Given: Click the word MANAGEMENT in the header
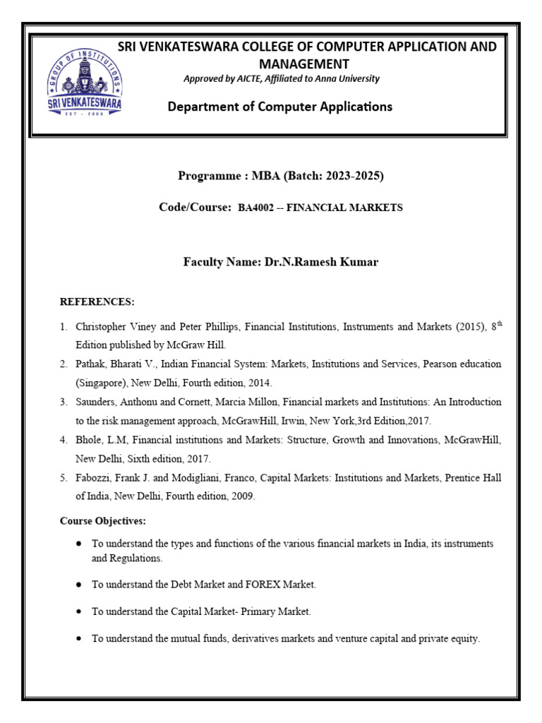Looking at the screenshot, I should tap(306, 64).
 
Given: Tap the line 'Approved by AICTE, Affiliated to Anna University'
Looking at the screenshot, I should tap(281, 79).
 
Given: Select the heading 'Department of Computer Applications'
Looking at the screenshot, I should tap(280, 107).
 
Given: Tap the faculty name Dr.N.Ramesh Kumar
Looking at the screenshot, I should tap(321, 262).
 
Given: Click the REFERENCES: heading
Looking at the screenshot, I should tap(97, 302).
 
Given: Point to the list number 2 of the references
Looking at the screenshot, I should tap(64, 364).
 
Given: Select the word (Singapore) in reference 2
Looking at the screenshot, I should tap(101, 383).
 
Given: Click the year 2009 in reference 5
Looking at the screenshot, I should tap(242, 496).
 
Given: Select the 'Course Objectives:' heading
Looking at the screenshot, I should tap(102, 521).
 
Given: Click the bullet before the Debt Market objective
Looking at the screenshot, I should tap(78, 585).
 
